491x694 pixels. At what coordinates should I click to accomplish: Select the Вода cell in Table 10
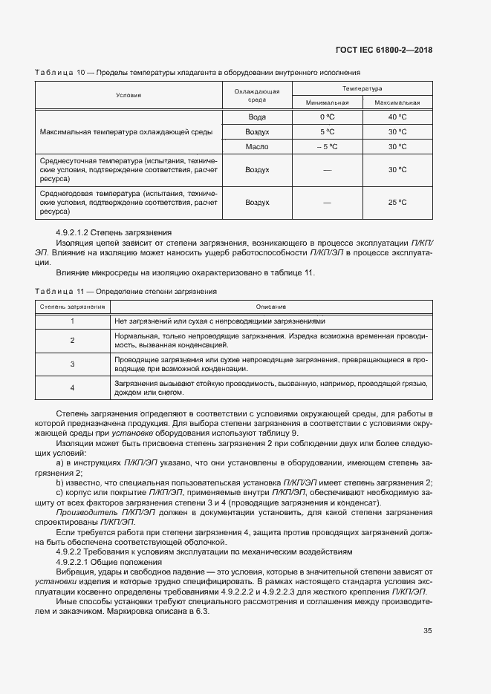pos(257,117)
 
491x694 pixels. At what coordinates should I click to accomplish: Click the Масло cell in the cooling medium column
pos(257,147)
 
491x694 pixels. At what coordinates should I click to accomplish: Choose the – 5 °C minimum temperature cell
pos(327,147)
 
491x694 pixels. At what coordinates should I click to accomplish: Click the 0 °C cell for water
pos(327,117)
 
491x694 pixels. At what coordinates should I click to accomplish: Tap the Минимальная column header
pos(327,102)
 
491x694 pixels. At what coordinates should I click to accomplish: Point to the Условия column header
pos(128,95)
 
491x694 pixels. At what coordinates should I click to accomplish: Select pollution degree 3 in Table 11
pos(72,364)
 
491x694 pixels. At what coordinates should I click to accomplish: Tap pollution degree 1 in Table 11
pos(72,321)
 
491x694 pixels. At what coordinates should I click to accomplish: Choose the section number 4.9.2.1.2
pos(76,232)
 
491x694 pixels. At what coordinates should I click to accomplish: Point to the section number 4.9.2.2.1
pos(76,563)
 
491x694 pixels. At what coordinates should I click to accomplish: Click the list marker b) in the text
pos(59,482)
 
